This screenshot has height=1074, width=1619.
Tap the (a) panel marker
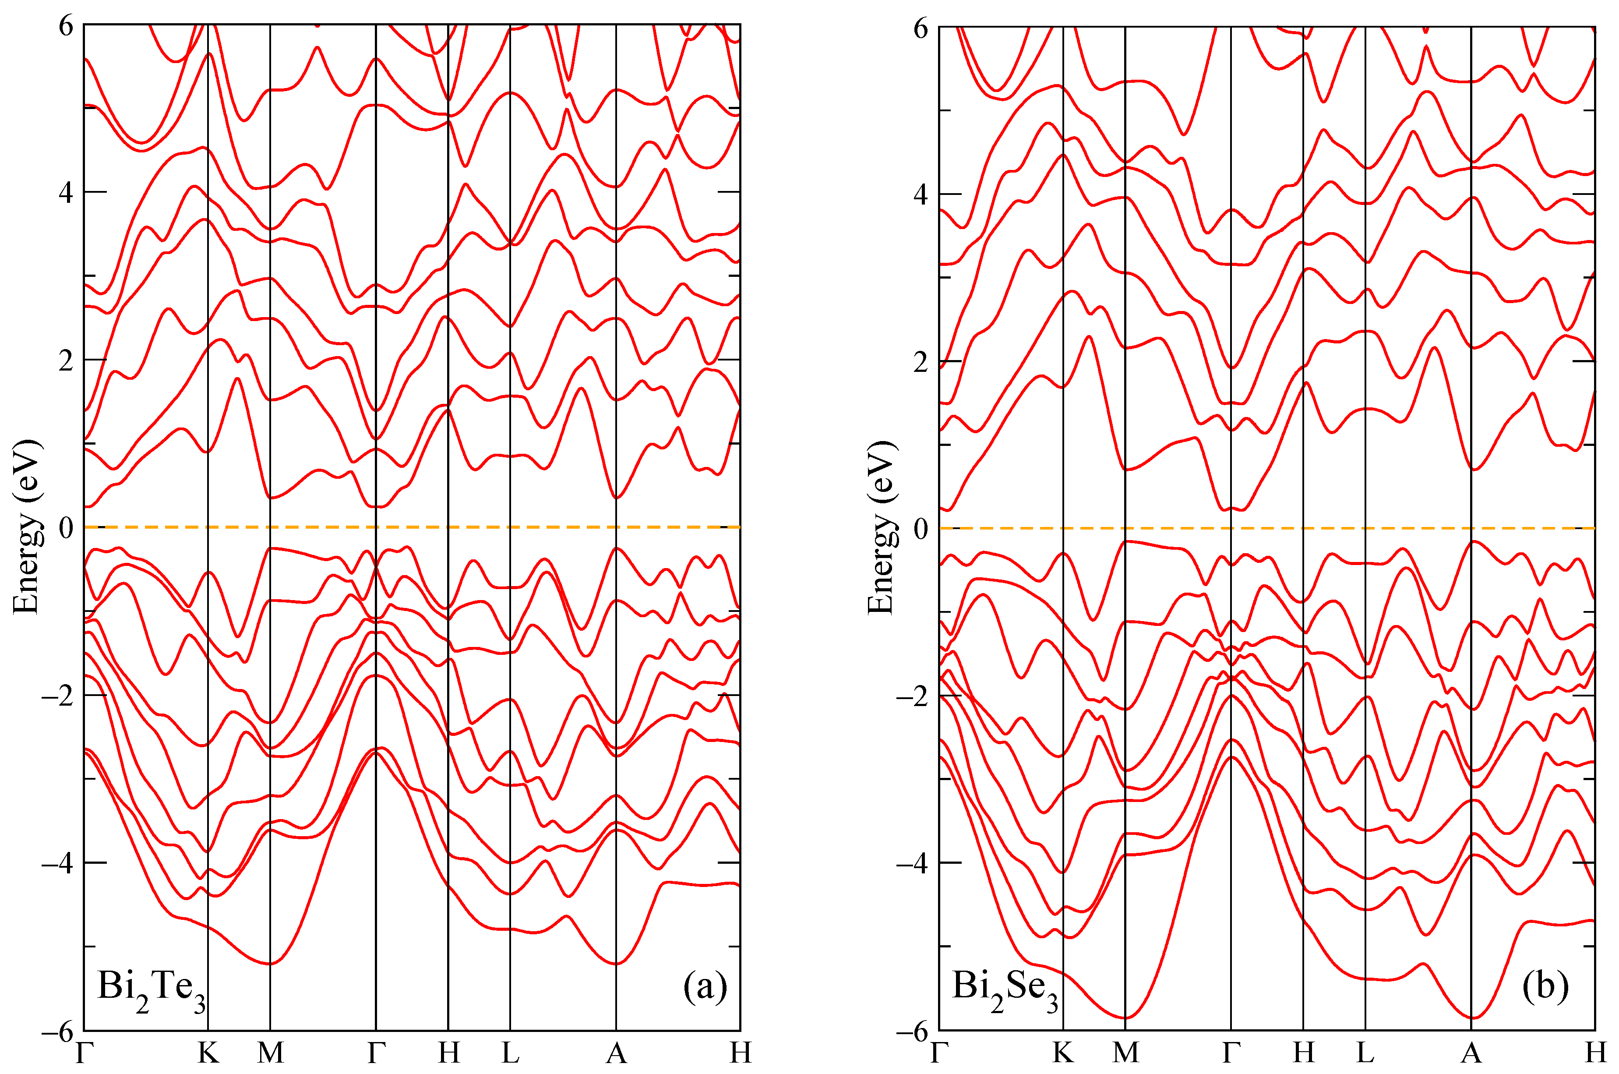[705, 987]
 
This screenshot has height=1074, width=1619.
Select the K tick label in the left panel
[208, 1053]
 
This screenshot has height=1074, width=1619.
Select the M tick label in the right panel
[1125, 1053]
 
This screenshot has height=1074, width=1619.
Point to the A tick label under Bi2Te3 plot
[616, 1053]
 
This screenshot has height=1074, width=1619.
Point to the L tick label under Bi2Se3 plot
[1365, 1053]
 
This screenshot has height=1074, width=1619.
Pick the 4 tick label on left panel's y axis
[66, 192]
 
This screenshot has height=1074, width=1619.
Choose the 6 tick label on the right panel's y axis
[921, 29]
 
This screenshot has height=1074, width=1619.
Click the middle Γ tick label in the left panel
[376, 1053]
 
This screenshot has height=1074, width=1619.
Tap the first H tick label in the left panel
[448, 1053]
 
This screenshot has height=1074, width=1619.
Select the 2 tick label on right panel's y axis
[921, 362]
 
